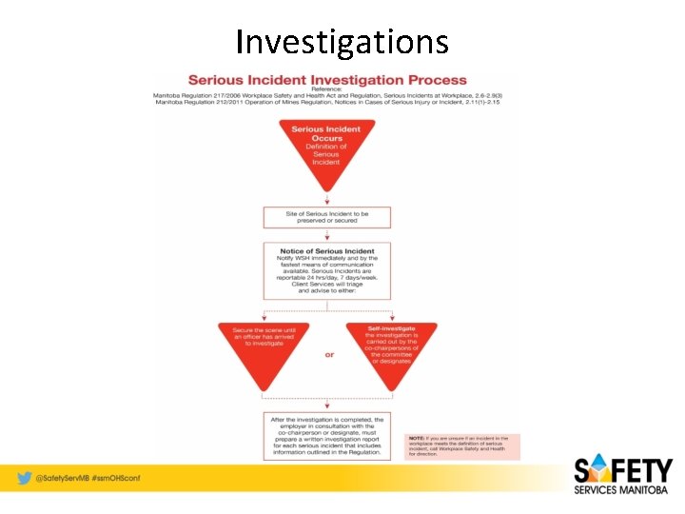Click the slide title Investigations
point(342,42)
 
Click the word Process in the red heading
point(433,80)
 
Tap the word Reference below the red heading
point(326,89)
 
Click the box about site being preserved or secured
point(326,217)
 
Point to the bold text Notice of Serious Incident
point(326,251)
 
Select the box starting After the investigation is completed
point(326,436)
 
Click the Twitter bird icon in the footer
point(23,478)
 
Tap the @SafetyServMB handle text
point(62,478)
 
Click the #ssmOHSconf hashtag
point(115,478)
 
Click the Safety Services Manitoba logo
point(622,477)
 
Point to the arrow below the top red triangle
point(326,199)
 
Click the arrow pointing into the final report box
point(326,405)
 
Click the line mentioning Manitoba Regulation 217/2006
point(326,96)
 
